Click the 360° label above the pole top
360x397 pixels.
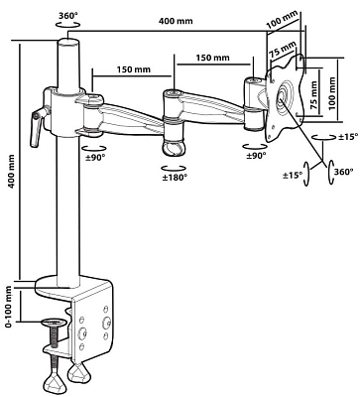click(67, 16)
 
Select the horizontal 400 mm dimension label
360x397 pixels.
click(176, 21)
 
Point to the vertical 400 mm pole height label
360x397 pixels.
click(12, 172)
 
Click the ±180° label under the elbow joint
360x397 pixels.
click(175, 178)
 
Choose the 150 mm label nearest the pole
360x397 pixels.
click(133, 69)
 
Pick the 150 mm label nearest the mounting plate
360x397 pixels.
click(212, 58)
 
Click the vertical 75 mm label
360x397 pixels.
click(314, 95)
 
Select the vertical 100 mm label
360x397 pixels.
click(332, 93)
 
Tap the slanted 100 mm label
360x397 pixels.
click(282, 21)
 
